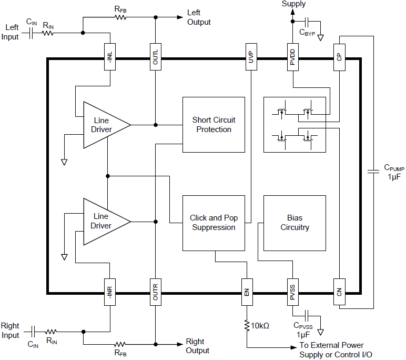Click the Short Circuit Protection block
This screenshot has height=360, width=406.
tap(214, 125)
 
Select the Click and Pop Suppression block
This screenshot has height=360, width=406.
tap(214, 223)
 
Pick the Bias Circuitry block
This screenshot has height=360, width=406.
tap(295, 223)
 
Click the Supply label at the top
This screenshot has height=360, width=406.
tap(293, 4)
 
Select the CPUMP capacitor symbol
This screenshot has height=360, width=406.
tap(373, 171)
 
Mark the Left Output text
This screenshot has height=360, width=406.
tap(199, 17)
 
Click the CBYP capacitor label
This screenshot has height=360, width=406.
tap(307, 33)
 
